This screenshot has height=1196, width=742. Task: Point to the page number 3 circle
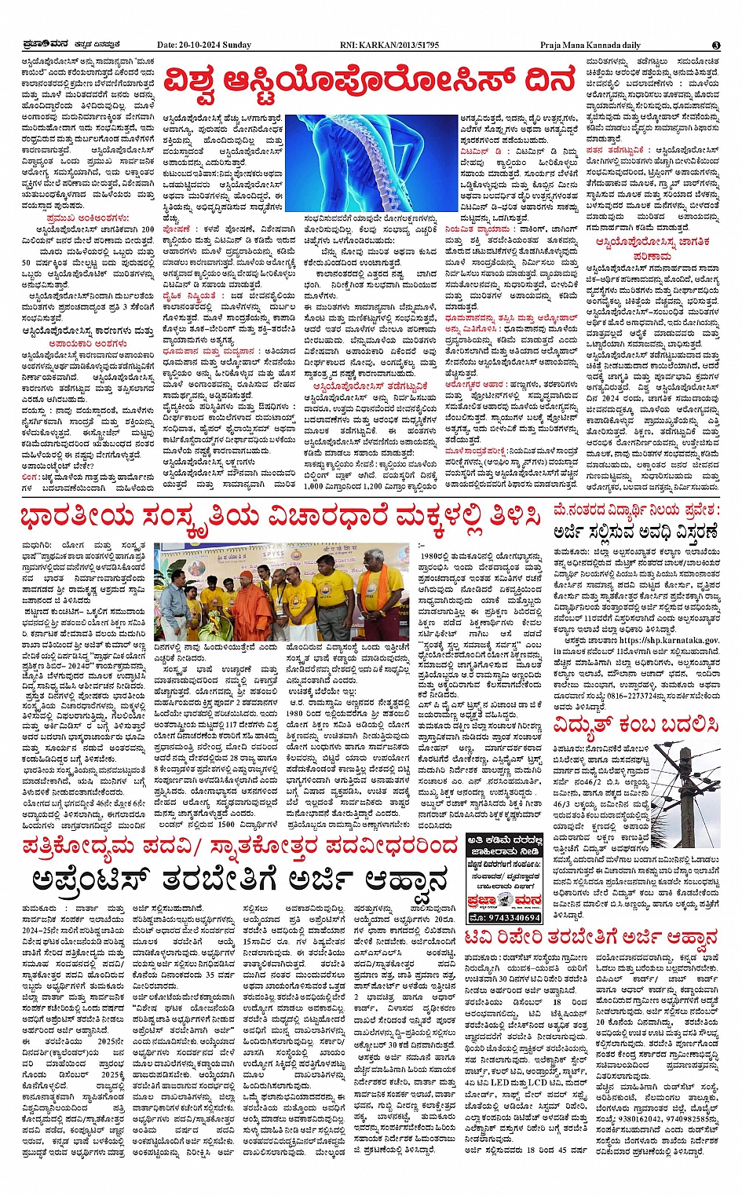715,45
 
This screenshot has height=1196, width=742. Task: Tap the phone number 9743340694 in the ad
504,916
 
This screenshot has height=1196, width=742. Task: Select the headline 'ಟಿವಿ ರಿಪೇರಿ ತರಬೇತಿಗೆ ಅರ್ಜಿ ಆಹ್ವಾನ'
590,937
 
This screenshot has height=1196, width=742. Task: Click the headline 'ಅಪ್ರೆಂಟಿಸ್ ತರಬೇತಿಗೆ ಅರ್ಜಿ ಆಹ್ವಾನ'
239,879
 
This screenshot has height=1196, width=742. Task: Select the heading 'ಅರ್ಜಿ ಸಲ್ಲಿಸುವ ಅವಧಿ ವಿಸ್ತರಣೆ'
634,530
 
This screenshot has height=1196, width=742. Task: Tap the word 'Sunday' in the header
237,45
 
